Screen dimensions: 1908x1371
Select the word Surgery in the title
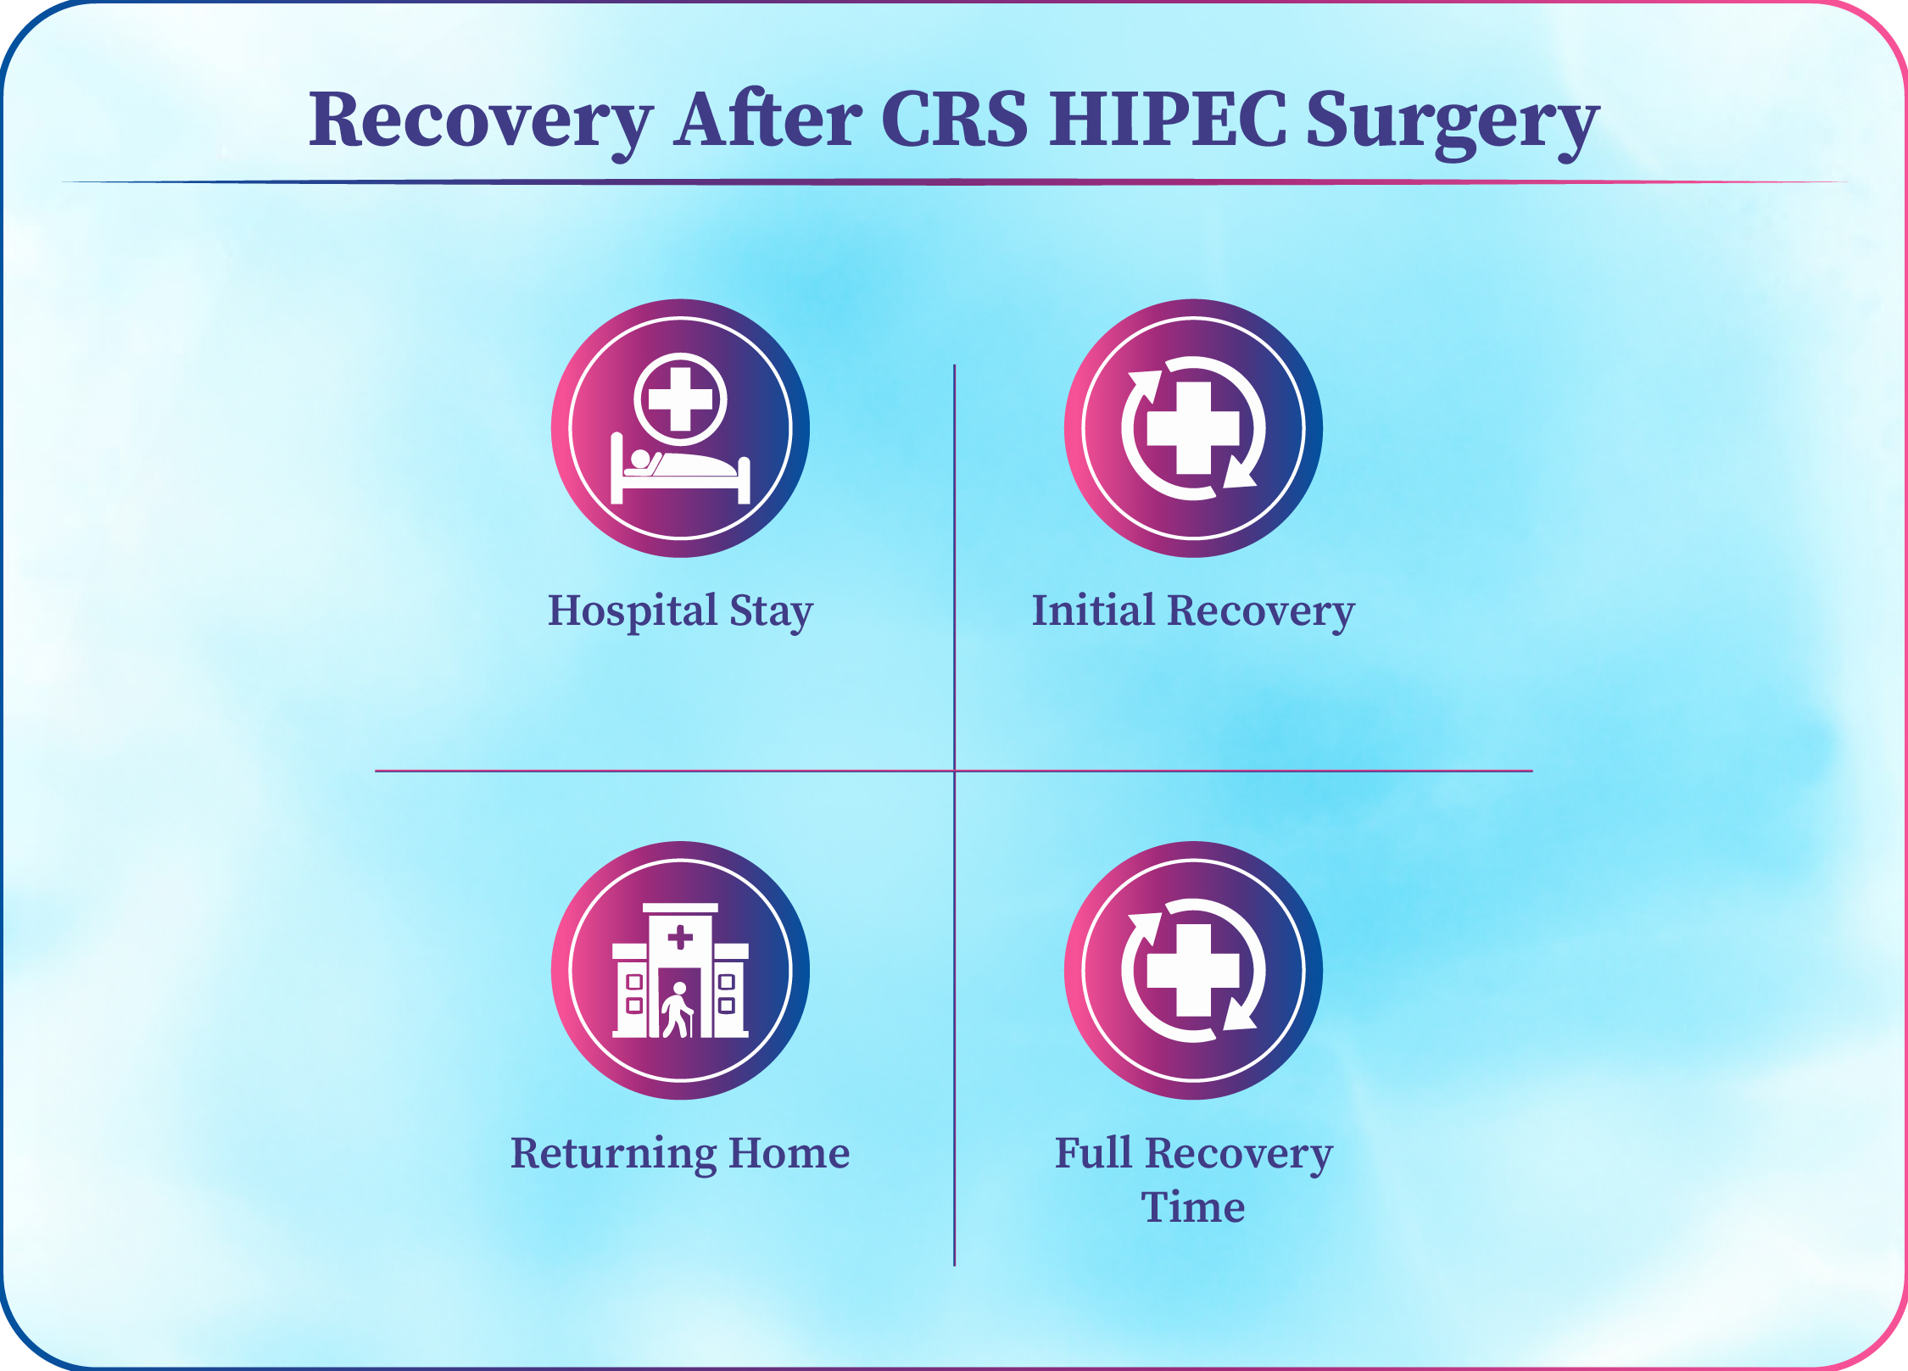(x=1453, y=124)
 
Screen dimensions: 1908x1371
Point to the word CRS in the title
(x=955, y=119)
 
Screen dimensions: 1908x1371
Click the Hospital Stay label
(x=680, y=611)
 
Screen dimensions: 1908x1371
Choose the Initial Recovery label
(x=1193, y=611)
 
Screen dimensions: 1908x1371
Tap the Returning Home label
(x=680, y=1154)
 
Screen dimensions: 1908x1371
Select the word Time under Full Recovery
(x=1193, y=1207)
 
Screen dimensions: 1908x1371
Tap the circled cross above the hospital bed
(x=681, y=399)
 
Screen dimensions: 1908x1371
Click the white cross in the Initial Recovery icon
(x=1193, y=428)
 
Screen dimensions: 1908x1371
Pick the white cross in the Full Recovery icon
(x=1193, y=971)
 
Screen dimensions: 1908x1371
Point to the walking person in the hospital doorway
(x=678, y=1010)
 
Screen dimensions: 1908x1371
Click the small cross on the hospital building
(x=680, y=938)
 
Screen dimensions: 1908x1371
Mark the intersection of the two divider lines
(x=955, y=771)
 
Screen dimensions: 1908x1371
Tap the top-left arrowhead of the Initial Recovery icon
(x=1146, y=386)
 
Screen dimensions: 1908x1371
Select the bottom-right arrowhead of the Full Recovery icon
(x=1241, y=1014)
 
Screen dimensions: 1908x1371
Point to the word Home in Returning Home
(x=789, y=1153)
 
